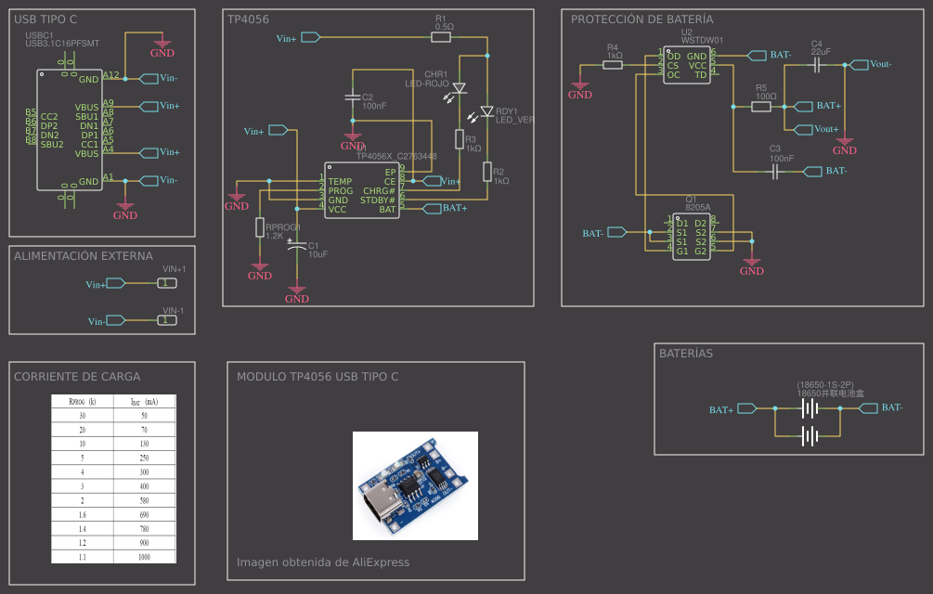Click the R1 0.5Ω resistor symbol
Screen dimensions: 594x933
coord(443,37)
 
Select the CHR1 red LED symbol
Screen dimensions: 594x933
coord(458,88)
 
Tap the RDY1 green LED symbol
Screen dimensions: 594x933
coord(486,110)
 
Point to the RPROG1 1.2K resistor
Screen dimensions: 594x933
coord(260,227)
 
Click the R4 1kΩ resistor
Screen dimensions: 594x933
coord(613,65)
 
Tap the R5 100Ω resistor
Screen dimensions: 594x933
coord(761,107)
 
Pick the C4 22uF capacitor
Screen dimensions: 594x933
coord(818,65)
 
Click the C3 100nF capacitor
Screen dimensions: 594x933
coord(776,171)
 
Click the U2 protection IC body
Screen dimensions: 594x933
coord(687,65)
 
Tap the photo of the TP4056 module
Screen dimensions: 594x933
coord(415,485)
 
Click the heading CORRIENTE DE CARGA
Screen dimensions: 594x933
coord(77,377)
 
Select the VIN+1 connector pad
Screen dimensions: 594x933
coord(165,283)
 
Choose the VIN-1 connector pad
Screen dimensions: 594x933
coord(165,320)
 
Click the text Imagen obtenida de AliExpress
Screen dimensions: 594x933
coord(323,562)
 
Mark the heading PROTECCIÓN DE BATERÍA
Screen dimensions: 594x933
coord(642,19)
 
